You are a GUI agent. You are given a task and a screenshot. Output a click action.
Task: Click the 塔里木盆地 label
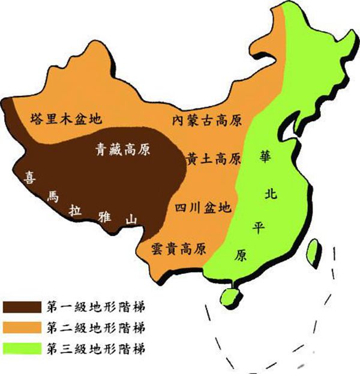click(x=66, y=118)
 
